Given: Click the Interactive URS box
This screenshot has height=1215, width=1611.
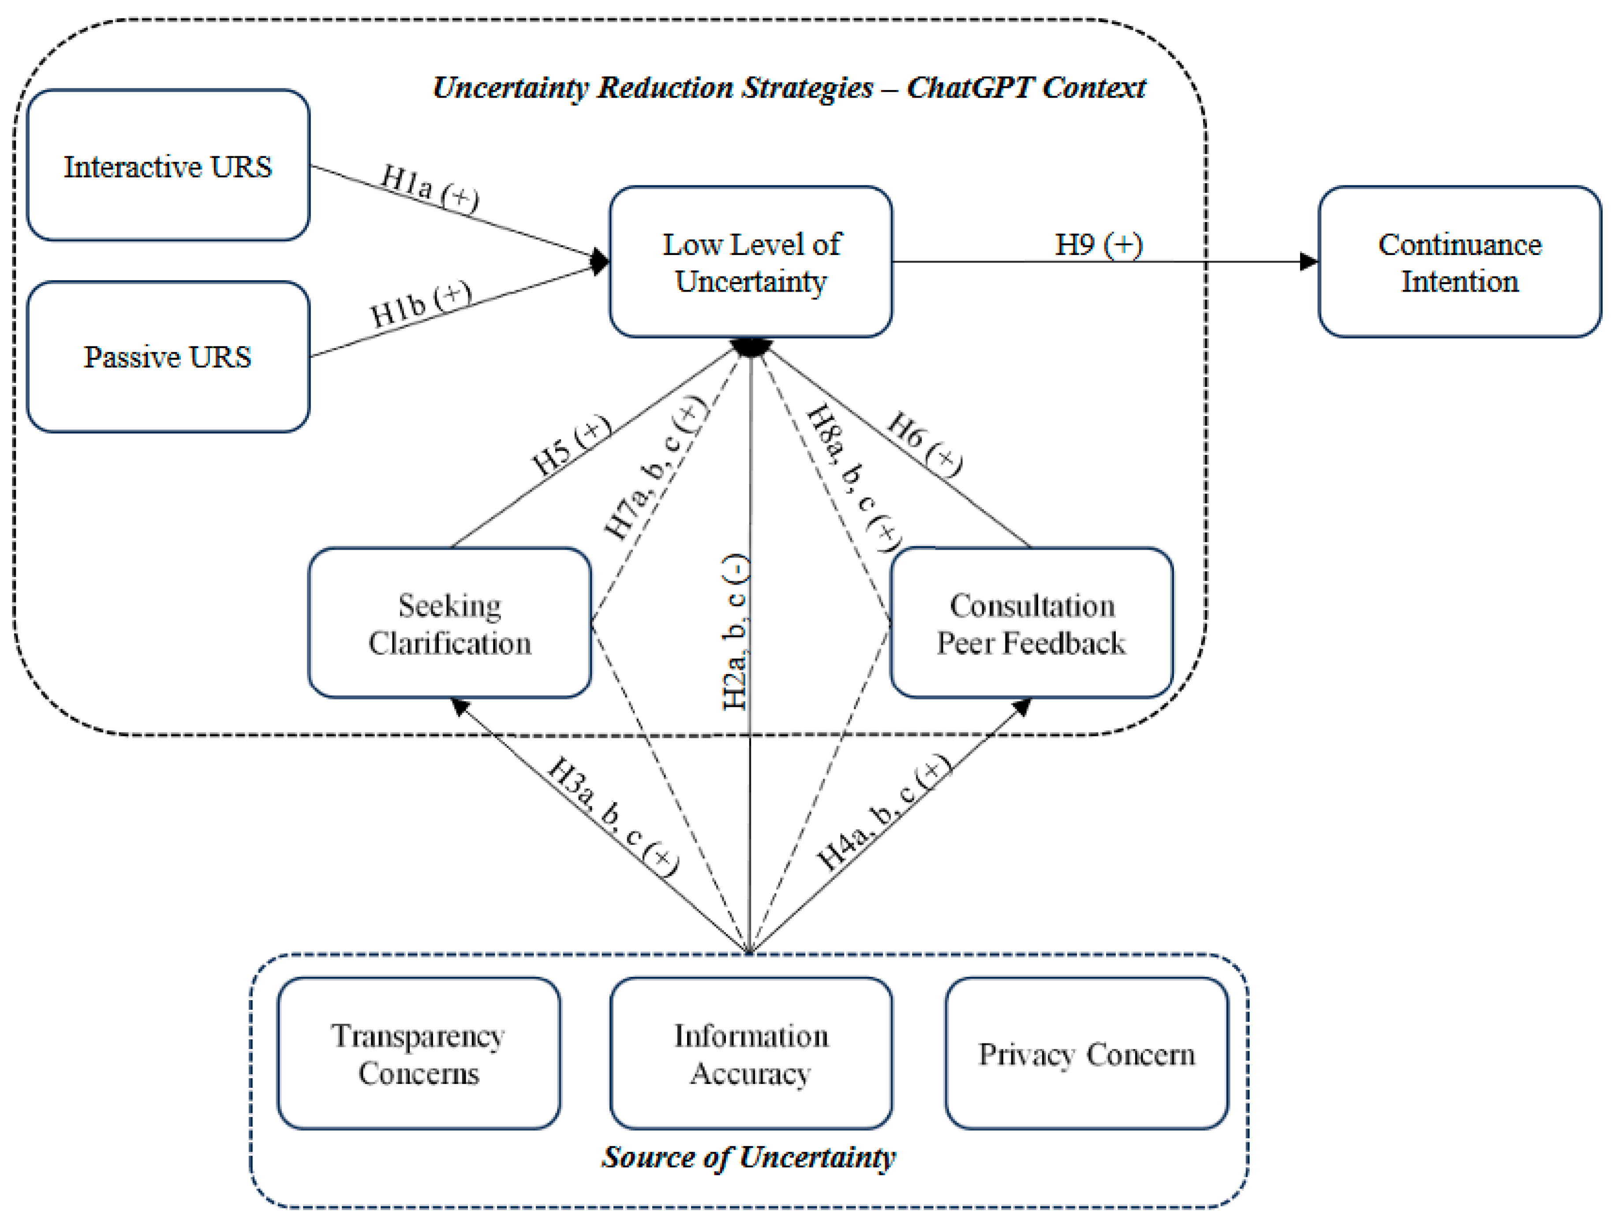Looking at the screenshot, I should pos(168,165).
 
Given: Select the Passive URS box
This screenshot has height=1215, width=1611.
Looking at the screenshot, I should pos(168,357).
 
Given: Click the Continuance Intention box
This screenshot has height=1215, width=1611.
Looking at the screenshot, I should pos(1459,262).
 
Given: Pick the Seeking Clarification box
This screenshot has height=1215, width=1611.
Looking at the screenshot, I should pos(449,623).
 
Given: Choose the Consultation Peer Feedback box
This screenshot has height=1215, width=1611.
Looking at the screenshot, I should pos(1031,623).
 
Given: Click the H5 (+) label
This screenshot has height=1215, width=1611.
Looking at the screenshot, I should pos(570,445).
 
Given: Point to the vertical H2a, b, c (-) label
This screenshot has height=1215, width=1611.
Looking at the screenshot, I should pos(735,632).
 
